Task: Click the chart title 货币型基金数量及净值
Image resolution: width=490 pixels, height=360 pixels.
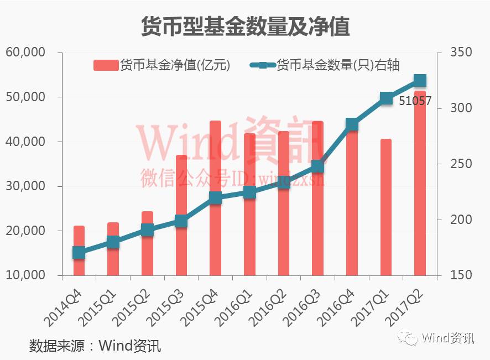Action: (x=245, y=26)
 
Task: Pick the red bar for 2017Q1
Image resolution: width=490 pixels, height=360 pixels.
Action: (x=386, y=210)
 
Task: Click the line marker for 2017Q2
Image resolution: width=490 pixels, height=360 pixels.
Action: (x=420, y=81)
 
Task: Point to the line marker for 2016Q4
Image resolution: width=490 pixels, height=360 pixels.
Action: (x=352, y=124)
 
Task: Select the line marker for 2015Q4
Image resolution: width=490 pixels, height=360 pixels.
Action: (x=216, y=198)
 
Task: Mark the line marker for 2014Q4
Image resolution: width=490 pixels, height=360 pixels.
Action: (x=79, y=253)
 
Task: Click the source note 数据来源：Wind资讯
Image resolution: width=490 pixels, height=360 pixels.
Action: (x=95, y=346)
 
